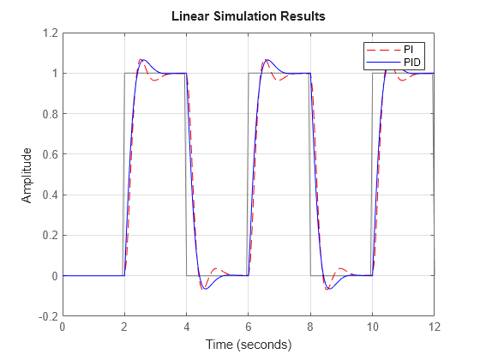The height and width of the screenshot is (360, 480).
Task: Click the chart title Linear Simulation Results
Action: point(249,16)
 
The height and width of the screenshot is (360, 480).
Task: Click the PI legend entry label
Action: point(410,48)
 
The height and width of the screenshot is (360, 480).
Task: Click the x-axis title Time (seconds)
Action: point(249,345)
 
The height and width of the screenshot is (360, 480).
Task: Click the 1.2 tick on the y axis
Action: point(48,33)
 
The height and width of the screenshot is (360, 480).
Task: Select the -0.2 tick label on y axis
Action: point(46,316)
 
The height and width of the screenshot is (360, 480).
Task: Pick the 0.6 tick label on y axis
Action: point(48,154)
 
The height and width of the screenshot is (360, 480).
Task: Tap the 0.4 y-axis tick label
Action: point(48,195)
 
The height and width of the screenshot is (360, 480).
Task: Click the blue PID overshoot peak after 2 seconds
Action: point(144,60)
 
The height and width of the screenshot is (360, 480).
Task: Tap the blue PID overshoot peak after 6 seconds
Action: point(268,60)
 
